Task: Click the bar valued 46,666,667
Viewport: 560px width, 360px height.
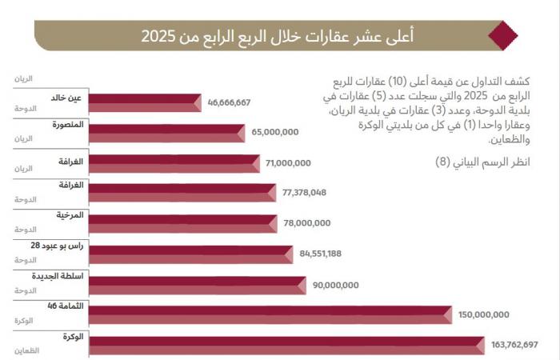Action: (x=144, y=102)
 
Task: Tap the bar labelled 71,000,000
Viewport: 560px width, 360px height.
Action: (x=176, y=163)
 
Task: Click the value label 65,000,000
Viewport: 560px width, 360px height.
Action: (x=274, y=132)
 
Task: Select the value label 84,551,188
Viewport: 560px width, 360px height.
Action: (x=320, y=254)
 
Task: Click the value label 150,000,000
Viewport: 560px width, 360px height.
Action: (x=483, y=314)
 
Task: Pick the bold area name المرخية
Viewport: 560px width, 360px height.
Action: (x=70, y=216)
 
